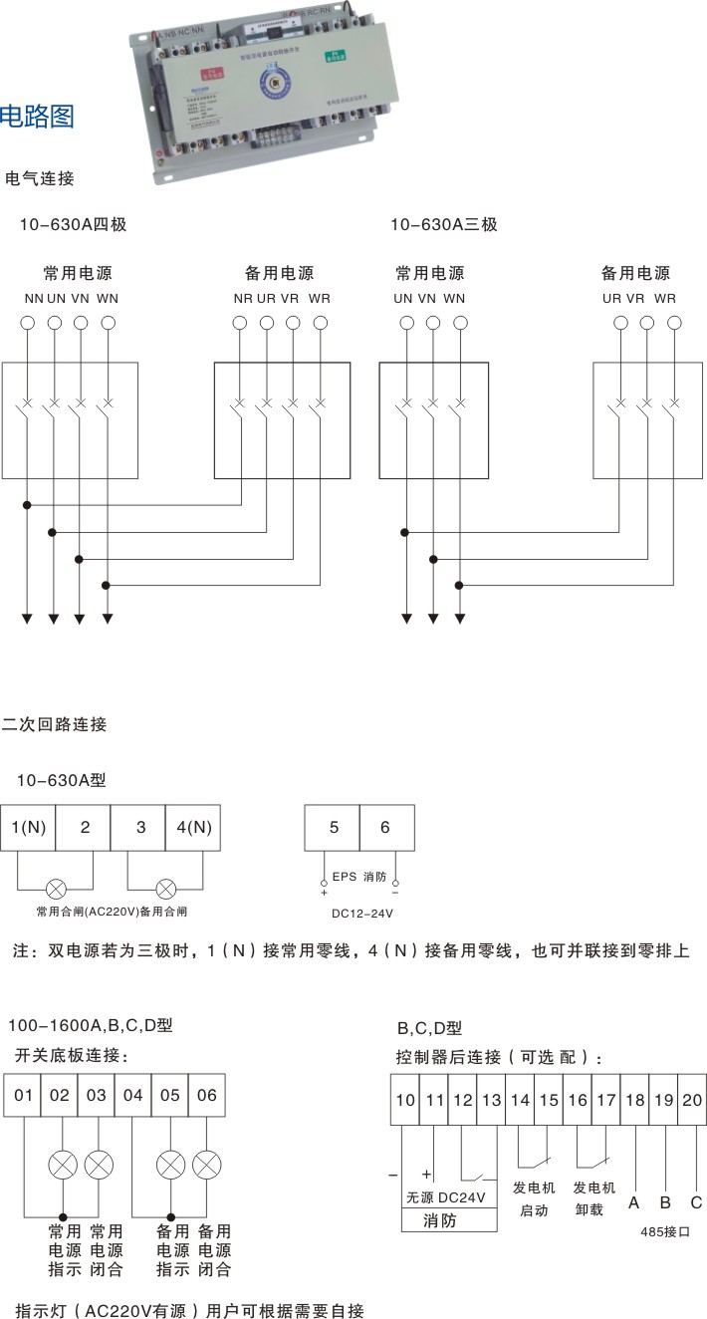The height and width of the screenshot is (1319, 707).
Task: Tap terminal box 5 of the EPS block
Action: tap(334, 827)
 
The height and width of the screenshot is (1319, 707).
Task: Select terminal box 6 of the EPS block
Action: tap(385, 827)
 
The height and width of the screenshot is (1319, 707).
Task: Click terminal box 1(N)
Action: tap(28, 827)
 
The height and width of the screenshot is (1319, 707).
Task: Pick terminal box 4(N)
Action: tap(193, 827)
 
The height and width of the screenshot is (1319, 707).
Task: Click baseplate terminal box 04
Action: tap(133, 1096)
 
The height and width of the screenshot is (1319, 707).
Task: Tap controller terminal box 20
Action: tap(693, 1100)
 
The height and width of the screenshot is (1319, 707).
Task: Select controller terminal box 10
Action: tap(404, 1100)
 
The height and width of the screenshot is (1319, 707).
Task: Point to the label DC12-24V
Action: tap(362, 913)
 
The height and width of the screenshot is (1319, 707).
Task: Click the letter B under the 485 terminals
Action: tap(665, 1202)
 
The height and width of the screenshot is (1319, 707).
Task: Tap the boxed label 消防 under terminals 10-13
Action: tap(440, 1220)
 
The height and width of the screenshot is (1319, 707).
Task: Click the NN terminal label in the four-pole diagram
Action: tap(33, 298)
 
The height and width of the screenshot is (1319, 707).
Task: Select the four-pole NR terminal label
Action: tap(243, 298)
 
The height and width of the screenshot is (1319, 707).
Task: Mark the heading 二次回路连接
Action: tap(54, 724)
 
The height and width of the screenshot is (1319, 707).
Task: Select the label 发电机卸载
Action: tap(594, 1198)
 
